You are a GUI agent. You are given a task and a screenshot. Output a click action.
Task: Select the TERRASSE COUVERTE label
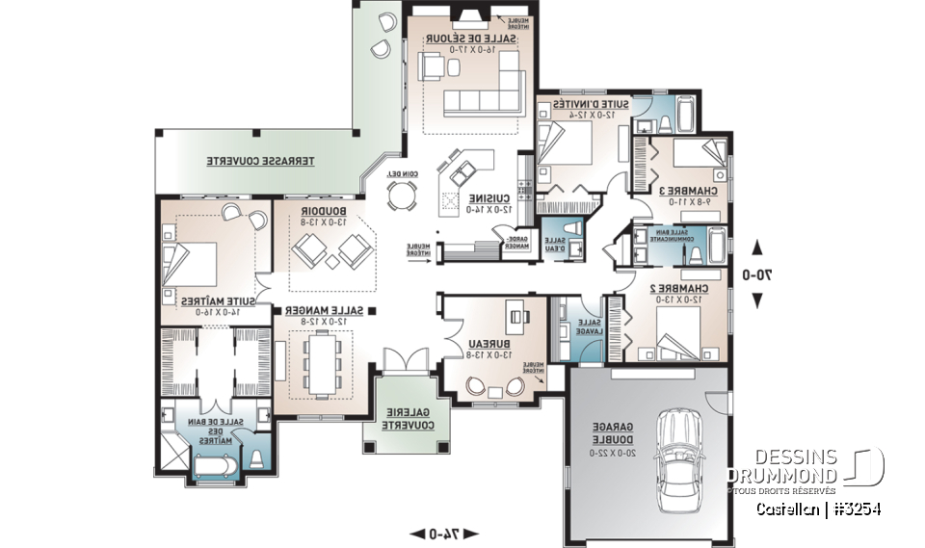point(262,161)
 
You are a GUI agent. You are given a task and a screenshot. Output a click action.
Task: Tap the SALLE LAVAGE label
point(590,326)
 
